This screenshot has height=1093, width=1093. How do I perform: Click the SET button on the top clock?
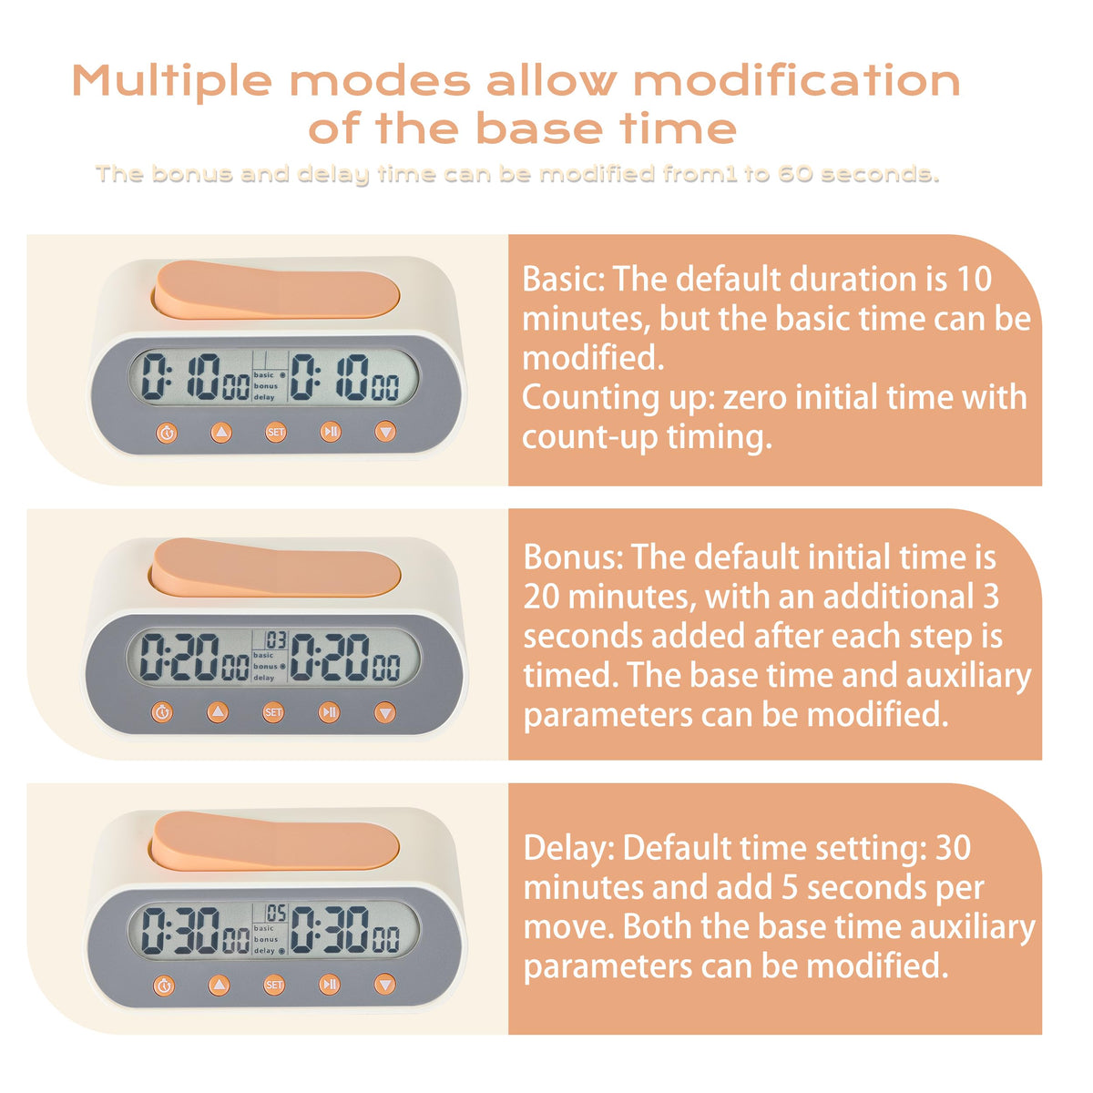(276, 433)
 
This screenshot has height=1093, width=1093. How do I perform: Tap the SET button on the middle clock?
(273, 712)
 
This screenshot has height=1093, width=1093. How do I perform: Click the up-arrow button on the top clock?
(221, 433)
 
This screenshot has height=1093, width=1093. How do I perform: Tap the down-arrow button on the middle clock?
(385, 712)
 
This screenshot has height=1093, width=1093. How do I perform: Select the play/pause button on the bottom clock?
(330, 985)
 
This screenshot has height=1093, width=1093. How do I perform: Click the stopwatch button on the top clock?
(166, 434)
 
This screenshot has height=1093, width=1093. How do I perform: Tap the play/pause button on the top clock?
(331, 433)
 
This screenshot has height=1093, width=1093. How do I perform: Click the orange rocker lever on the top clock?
(276, 290)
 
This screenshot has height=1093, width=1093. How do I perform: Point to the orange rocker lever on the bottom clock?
(273, 842)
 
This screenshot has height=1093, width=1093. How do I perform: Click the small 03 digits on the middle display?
(276, 640)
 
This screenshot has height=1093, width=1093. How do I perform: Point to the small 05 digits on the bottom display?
(276, 914)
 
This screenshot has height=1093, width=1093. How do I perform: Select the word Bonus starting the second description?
(573, 557)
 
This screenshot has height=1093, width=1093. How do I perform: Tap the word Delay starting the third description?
(569, 849)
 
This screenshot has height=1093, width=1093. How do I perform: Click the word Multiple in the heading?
(172, 81)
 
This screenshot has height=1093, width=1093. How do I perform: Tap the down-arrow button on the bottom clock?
(384, 985)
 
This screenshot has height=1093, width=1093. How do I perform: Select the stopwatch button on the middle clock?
(163, 712)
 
